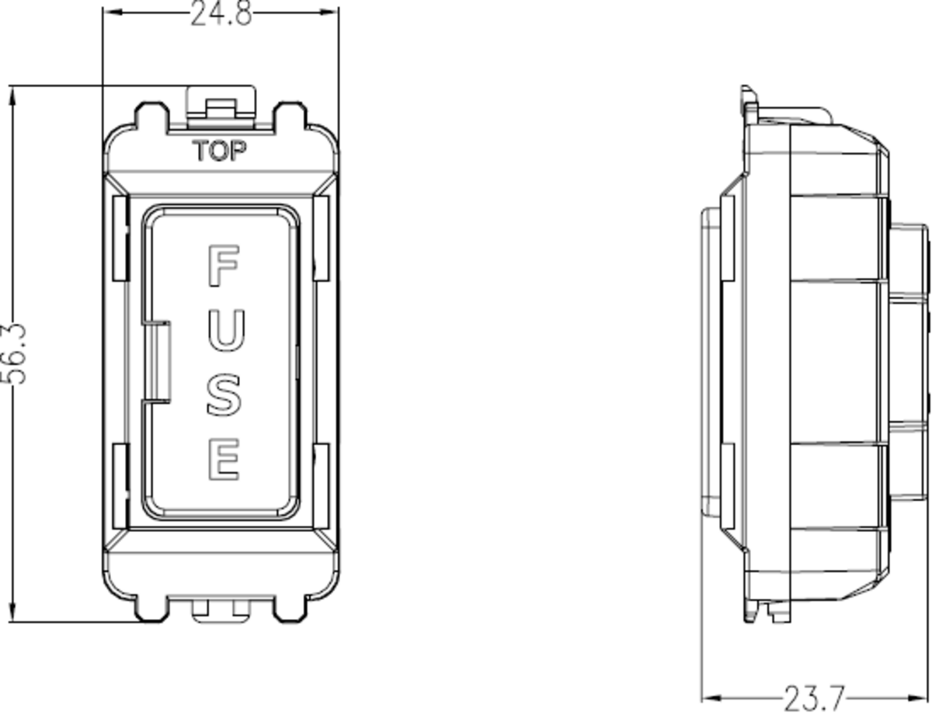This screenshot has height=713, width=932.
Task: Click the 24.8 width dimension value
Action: click(221, 14)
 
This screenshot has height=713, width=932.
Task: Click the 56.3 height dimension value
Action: click(15, 353)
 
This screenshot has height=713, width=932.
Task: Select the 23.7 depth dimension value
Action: click(813, 697)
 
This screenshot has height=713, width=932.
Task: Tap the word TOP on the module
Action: click(220, 151)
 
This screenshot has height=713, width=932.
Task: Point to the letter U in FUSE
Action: click(223, 329)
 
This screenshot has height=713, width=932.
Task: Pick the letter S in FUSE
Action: click(223, 394)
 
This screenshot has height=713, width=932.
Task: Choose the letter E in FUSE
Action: click(223, 459)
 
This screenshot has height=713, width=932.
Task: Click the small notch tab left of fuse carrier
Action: click(158, 361)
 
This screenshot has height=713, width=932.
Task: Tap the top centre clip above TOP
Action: click(221, 105)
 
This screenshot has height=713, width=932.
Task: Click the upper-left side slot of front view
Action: click(120, 238)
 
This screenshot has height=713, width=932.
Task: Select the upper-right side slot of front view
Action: click(321, 238)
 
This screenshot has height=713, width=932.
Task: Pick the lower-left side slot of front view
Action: click(120, 485)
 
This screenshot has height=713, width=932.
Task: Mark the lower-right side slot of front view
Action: click(321, 485)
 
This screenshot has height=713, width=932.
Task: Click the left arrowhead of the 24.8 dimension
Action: click(110, 12)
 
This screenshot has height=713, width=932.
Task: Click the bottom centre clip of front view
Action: click(221, 610)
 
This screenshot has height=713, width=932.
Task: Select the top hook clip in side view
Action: click(749, 98)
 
